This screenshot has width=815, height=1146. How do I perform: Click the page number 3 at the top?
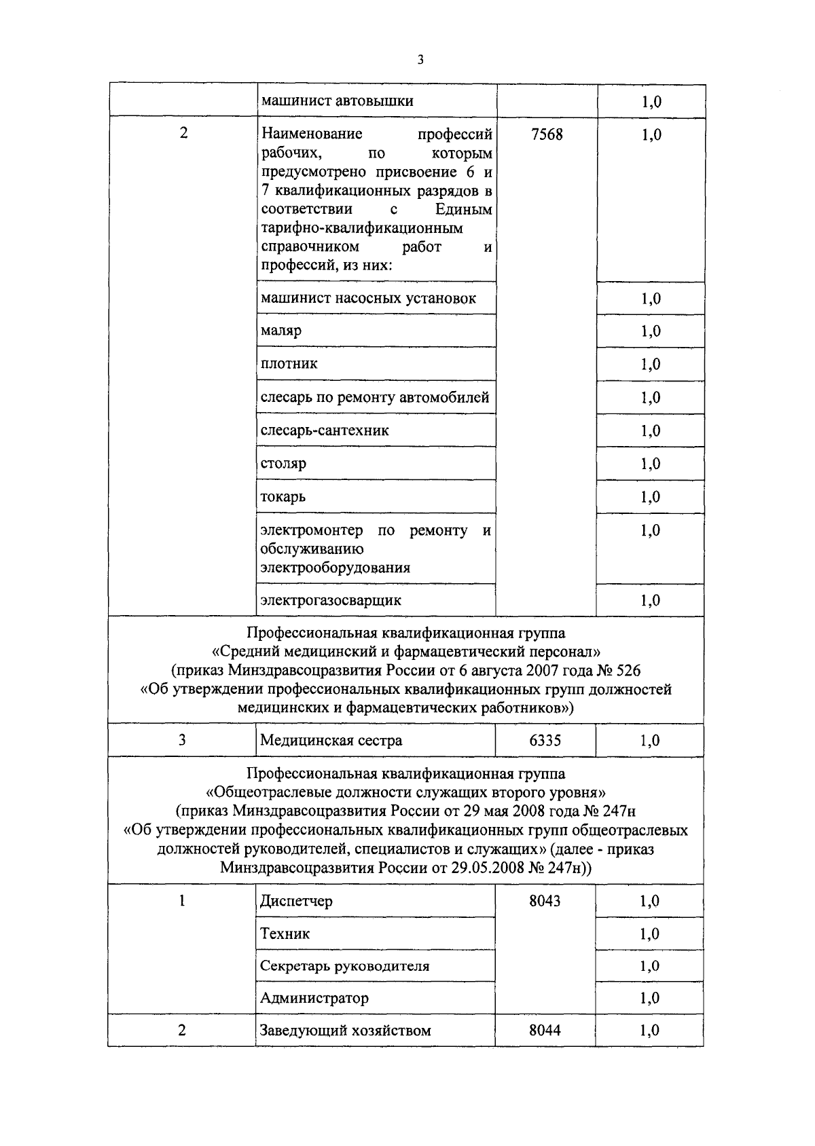420,60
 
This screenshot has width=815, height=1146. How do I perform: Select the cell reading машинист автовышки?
337,101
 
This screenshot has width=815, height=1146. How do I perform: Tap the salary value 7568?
546,134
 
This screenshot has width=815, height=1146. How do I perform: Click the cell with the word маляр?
281,331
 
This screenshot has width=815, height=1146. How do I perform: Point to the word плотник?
289,364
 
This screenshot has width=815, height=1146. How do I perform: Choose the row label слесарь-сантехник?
325,430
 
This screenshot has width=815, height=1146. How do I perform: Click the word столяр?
283,464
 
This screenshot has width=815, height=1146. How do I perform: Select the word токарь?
283,497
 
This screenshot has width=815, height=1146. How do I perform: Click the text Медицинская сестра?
331,741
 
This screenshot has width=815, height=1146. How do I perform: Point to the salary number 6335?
545,741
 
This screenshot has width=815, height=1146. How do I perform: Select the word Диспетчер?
296,901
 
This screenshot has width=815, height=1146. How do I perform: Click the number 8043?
545,901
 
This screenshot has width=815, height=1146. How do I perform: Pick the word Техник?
285,934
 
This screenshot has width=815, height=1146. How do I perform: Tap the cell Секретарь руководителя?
344,965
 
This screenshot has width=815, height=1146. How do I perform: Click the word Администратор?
314,998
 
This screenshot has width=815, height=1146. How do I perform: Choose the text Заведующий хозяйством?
345,1031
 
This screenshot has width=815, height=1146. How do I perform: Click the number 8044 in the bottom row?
545,1031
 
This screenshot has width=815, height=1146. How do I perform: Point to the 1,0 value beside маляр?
651,331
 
